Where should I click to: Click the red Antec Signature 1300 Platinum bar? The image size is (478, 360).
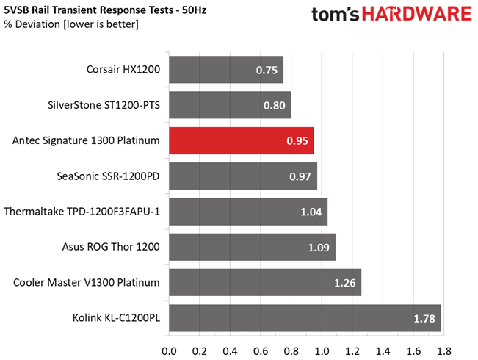(242, 140)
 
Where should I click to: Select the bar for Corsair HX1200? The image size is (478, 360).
(226, 70)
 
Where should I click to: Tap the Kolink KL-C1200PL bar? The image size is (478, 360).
(305, 318)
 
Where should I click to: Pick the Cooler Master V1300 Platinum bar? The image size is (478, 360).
(265, 283)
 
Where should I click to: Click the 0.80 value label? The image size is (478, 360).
(275, 106)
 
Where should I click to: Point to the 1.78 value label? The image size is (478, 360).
(424, 319)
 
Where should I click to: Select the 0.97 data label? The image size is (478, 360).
(300, 176)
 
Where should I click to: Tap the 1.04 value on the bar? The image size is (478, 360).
(311, 212)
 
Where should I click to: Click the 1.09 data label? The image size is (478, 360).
(319, 248)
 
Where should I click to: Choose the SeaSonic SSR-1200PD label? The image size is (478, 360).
(108, 176)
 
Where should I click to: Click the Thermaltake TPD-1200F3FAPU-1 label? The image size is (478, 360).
(82, 212)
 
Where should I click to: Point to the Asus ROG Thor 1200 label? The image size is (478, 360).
(111, 247)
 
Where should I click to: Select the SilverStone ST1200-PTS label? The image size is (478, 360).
(104, 105)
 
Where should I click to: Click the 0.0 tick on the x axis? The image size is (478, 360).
(169, 351)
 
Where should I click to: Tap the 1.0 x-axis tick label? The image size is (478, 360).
(322, 351)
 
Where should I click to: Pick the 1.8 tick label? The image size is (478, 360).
(443, 351)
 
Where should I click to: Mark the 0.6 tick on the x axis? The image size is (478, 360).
(261, 351)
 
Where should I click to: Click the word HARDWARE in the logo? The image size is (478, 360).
(417, 14)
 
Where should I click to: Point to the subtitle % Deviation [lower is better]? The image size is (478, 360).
(71, 24)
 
